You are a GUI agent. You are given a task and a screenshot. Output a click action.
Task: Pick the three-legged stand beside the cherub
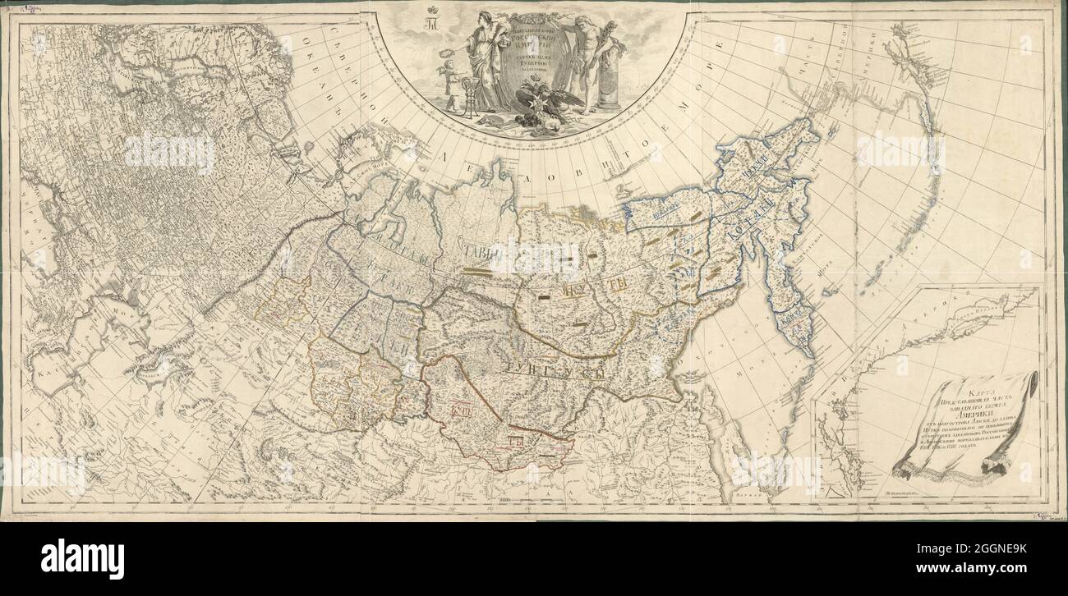(x=468, y=99)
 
